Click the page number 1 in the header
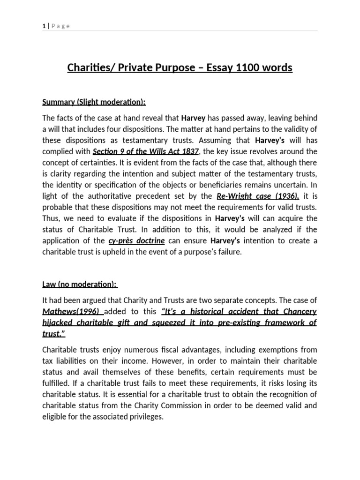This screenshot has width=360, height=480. pos(44,26)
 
